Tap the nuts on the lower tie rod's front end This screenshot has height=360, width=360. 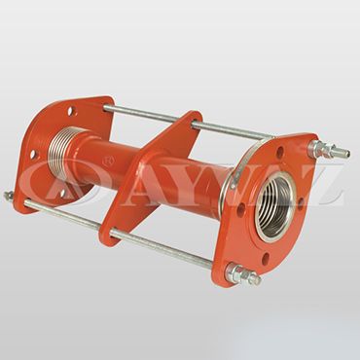point(242,275)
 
